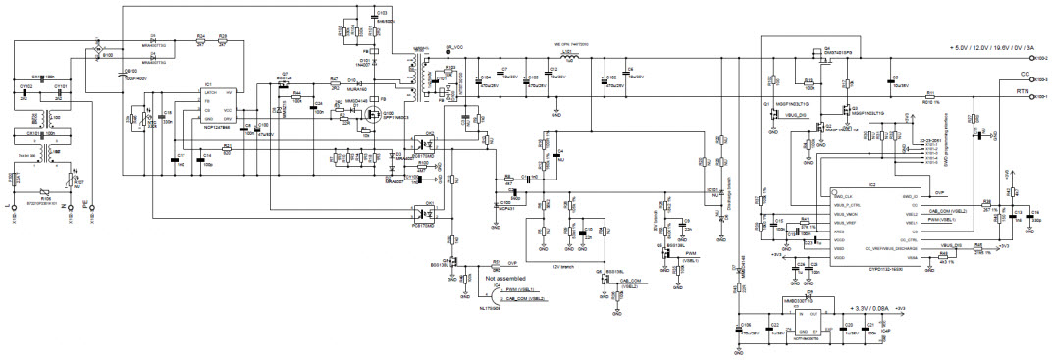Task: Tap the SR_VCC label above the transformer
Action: (x=453, y=46)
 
